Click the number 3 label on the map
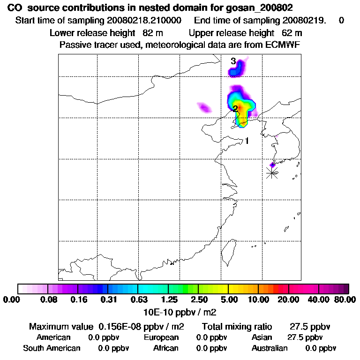pyautogui.click(x=233, y=61)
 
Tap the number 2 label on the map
pyautogui.click(x=235, y=109)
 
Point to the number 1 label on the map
pyautogui.click(x=247, y=141)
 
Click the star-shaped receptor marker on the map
pyautogui.click(x=272, y=172)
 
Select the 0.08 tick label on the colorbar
pyautogui.click(x=49, y=300)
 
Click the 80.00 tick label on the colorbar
pyautogui.click(x=344, y=300)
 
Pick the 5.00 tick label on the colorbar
pyautogui.click(x=228, y=300)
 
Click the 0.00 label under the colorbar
pyautogui.click(x=13, y=300)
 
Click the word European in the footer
pyautogui.click(x=161, y=337)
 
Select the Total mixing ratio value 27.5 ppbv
pyautogui.click(x=310, y=326)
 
